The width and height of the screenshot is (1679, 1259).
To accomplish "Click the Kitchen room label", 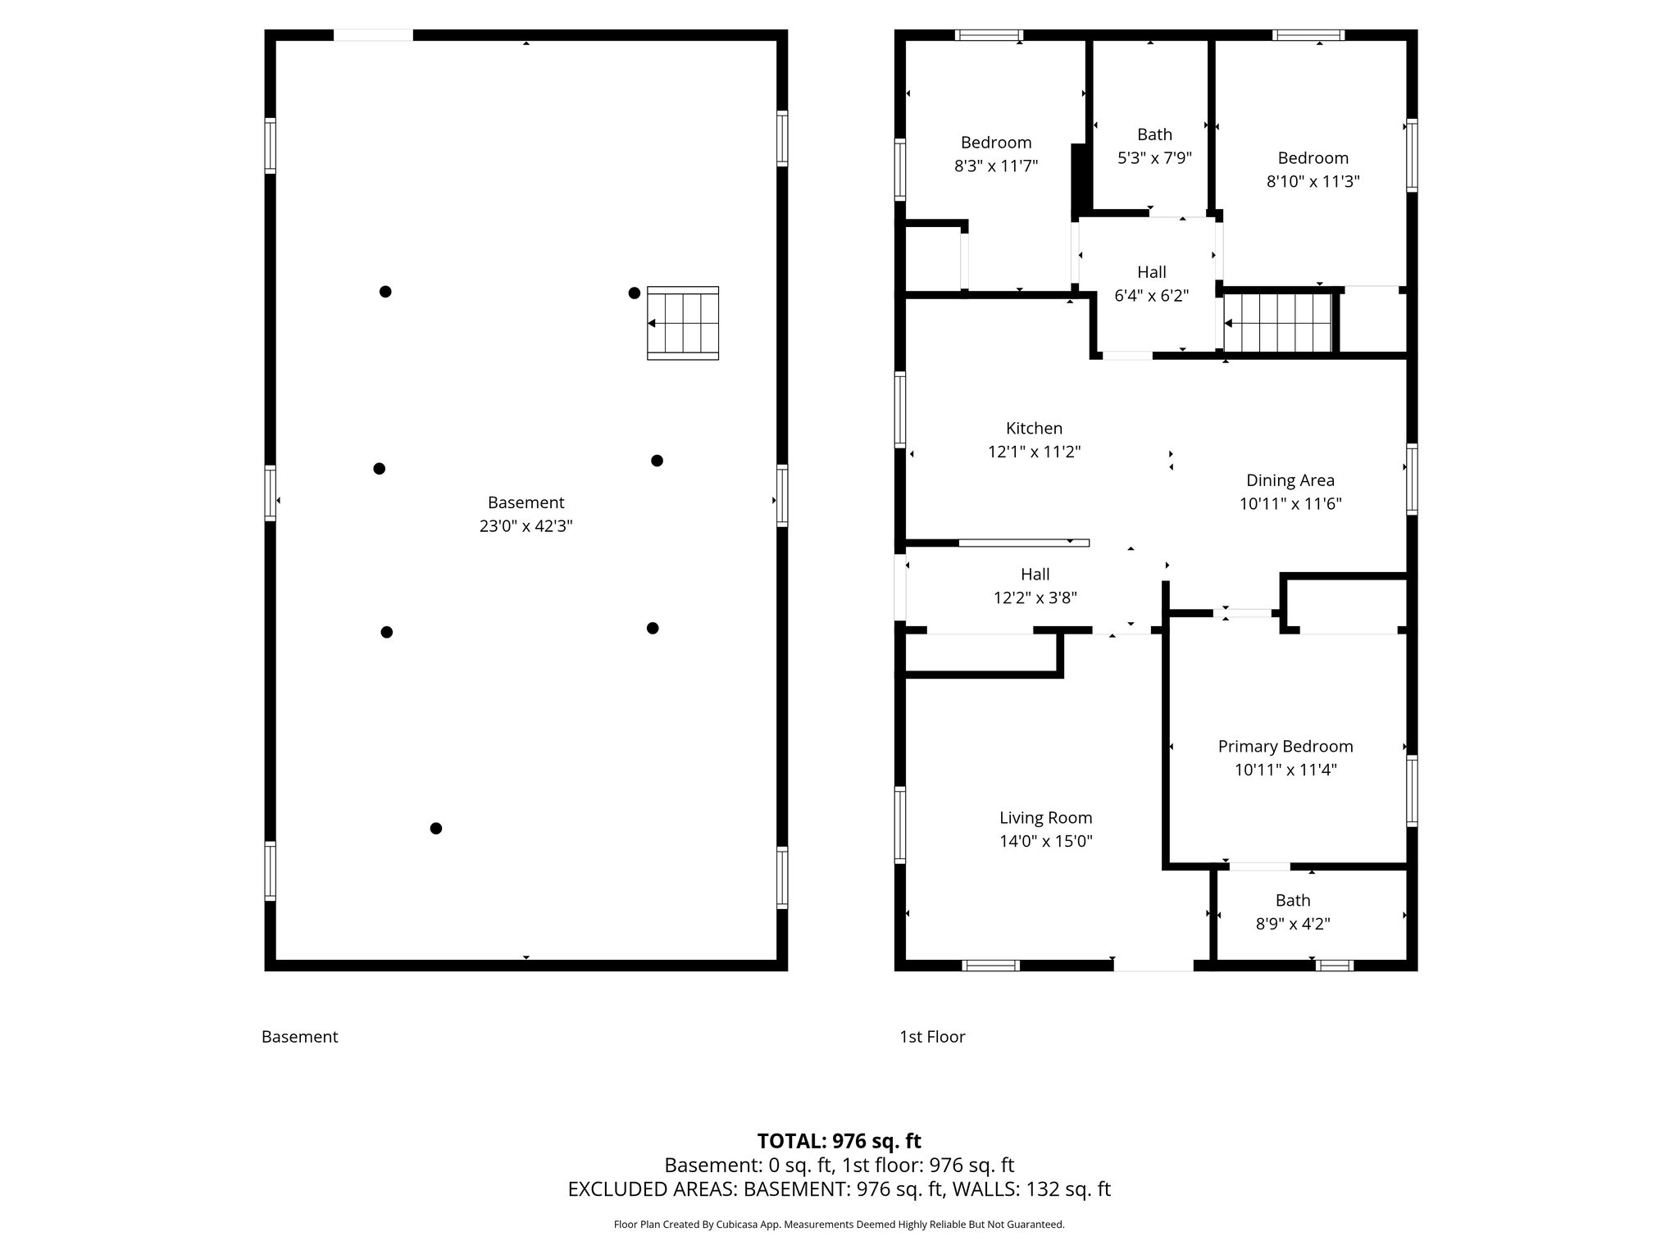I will [x=1034, y=428].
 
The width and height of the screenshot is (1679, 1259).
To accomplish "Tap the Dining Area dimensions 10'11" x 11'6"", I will [x=1290, y=503].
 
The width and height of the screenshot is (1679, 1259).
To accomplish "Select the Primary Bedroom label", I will [x=1285, y=746].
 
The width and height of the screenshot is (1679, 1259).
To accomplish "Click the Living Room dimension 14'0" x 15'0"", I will [x=1045, y=841].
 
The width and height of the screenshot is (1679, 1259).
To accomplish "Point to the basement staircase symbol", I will [x=683, y=323].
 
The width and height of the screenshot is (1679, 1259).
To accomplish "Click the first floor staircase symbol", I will [x=1278, y=324].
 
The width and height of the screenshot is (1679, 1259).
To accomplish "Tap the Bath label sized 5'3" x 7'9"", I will [x=1154, y=134].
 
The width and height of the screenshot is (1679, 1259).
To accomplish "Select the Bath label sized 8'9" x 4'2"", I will [x=1292, y=900].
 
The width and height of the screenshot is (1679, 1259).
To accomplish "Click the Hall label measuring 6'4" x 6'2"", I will [x=1151, y=272].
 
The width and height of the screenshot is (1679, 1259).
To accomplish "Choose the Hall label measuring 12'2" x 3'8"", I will [x=1035, y=575].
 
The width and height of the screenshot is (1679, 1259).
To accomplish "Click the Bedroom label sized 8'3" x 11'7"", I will [x=996, y=143].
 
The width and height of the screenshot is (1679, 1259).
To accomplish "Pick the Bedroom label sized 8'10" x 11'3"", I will [x=1313, y=158].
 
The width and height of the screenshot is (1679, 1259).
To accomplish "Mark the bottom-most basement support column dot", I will [x=436, y=828].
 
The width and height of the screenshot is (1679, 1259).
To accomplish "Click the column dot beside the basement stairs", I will [x=634, y=293].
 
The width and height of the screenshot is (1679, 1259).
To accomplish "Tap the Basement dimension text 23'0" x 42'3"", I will [x=526, y=526].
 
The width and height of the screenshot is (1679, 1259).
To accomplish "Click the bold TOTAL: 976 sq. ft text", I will [x=839, y=1141].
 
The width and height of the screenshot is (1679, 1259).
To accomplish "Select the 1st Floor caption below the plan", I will [x=932, y=1037].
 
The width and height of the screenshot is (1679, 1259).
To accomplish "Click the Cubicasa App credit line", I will [x=839, y=1225].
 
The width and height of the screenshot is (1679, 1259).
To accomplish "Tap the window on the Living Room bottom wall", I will [x=990, y=966].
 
